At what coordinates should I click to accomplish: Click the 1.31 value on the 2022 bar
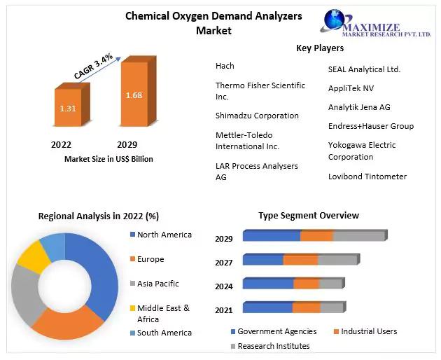(x=67, y=109)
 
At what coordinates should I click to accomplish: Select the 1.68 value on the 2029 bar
(x=134, y=95)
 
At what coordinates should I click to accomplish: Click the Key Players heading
(x=320, y=48)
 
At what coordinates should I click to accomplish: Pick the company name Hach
(x=225, y=66)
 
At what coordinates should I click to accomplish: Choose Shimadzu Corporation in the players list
(x=257, y=116)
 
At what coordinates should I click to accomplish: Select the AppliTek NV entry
(x=351, y=88)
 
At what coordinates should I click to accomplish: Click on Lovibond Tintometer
(x=367, y=176)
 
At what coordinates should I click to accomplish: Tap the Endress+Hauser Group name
(x=371, y=126)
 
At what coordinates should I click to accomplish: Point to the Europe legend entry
(x=150, y=259)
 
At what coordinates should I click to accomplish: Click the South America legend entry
(x=164, y=333)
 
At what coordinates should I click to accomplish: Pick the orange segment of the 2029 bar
(x=316, y=236)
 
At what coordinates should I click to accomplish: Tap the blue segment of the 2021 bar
(x=267, y=307)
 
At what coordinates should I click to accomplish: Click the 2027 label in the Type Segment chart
(x=224, y=263)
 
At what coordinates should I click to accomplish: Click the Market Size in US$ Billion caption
(x=108, y=159)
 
